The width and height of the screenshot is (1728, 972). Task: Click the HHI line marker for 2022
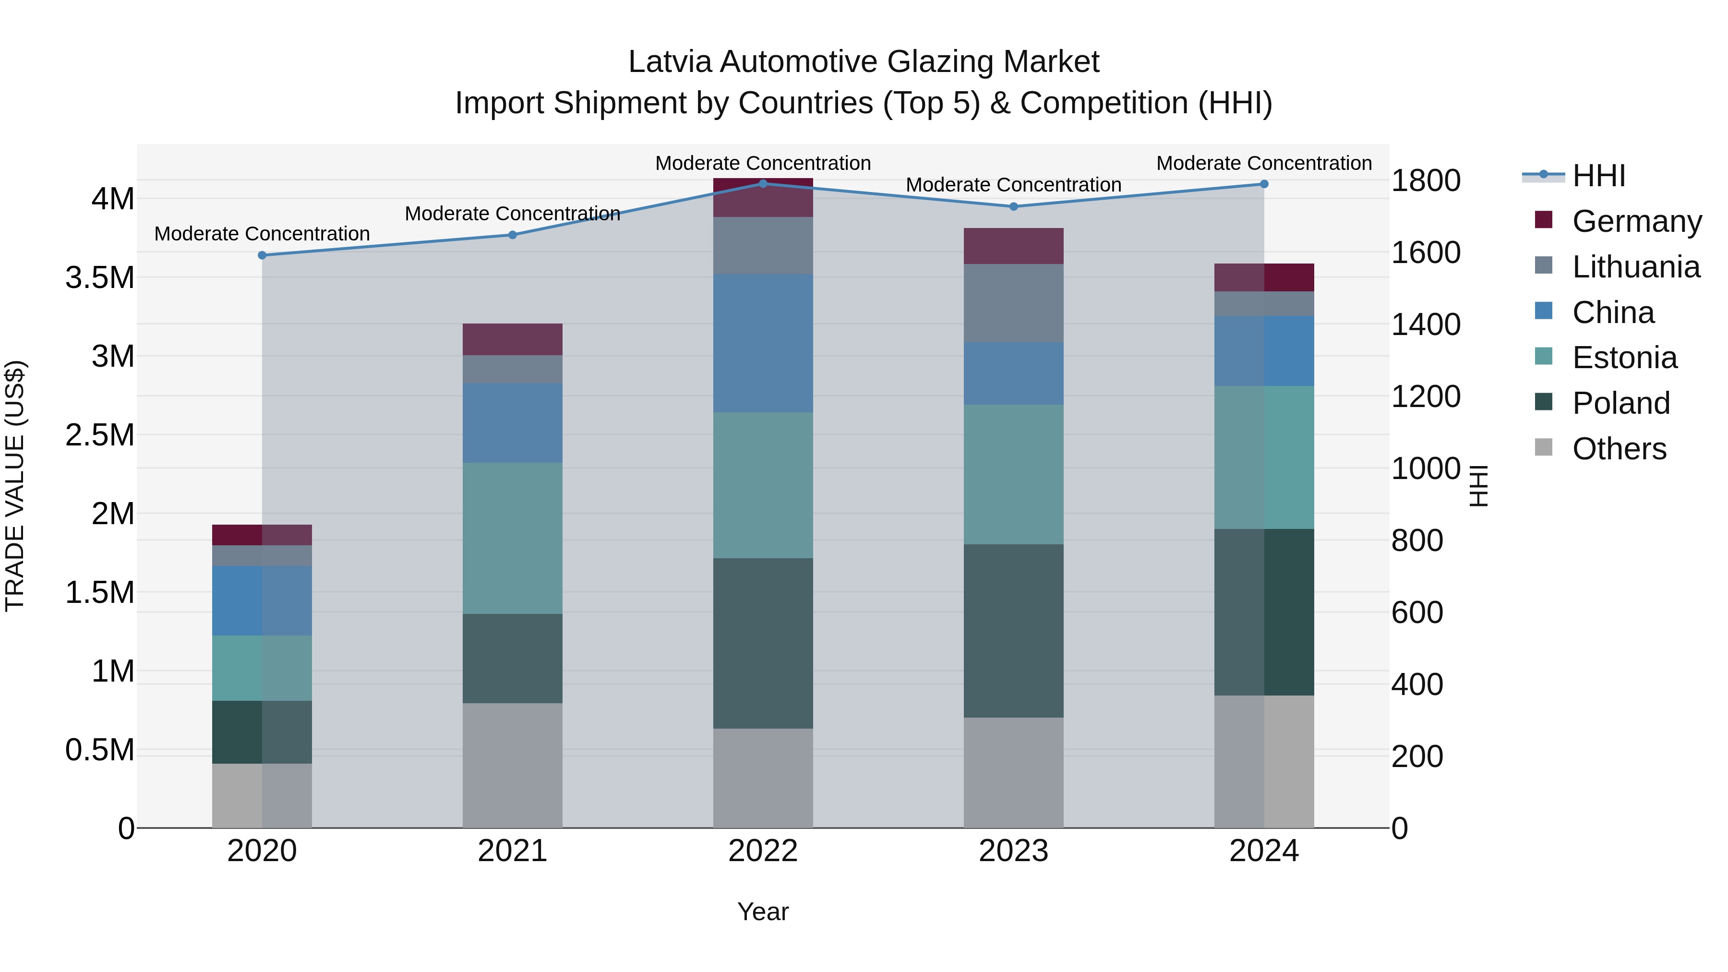click(x=763, y=184)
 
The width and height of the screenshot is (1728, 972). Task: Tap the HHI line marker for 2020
click(x=262, y=255)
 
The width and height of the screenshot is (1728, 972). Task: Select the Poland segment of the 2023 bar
click(x=1014, y=631)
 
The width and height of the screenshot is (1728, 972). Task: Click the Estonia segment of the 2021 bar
click(x=513, y=538)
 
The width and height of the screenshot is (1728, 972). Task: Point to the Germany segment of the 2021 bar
click(x=513, y=339)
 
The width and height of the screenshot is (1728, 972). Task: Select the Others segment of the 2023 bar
click(x=1014, y=773)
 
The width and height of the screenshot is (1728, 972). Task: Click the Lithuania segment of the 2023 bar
click(x=1014, y=303)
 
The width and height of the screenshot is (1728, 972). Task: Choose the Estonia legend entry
click(x=1623, y=358)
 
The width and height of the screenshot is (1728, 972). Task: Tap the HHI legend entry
click(x=1598, y=176)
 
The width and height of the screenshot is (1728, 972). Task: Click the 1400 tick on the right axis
click(x=1426, y=324)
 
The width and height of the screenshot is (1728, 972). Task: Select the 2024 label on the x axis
click(x=1264, y=851)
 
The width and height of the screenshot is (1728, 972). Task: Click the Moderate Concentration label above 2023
click(x=1014, y=185)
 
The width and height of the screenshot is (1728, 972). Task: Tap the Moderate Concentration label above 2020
click(x=262, y=234)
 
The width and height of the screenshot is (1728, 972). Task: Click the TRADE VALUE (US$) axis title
click(x=15, y=486)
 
